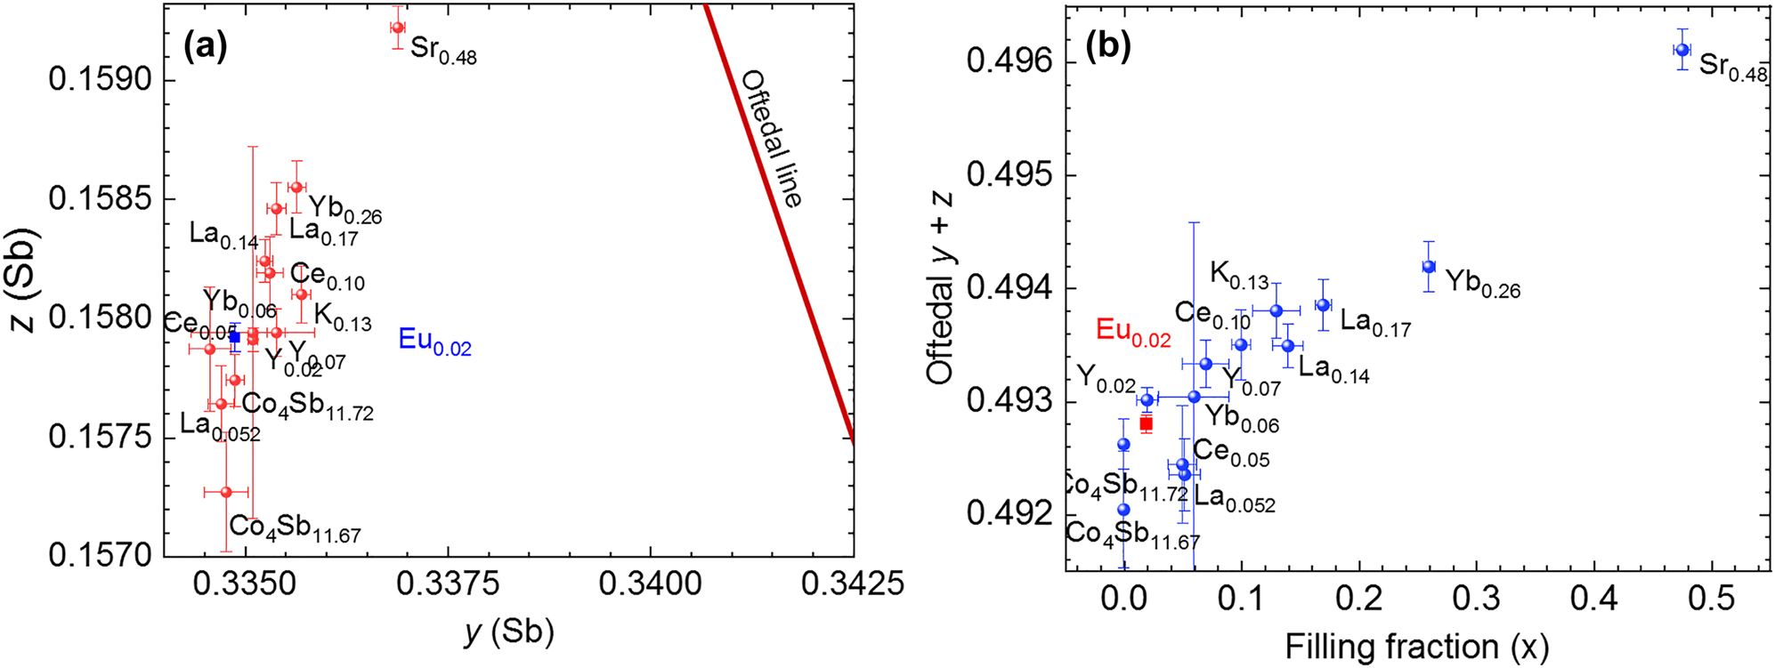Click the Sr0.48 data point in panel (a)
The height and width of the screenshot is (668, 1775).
tap(398, 28)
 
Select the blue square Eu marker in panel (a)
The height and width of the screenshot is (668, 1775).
tap(235, 337)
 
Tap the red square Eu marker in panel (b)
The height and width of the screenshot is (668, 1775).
tap(1147, 423)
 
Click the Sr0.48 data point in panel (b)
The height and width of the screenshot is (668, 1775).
tap(1682, 50)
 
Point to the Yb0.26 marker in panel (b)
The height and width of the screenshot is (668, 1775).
tap(1429, 267)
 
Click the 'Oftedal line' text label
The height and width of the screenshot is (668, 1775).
tap(772, 139)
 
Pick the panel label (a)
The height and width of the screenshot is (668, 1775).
tap(205, 45)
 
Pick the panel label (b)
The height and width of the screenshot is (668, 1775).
tap(1108, 45)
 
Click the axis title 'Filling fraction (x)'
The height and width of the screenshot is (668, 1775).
tap(1416, 647)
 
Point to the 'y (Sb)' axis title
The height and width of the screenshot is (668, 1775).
tap(509, 632)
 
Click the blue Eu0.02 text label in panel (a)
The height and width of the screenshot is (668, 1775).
tap(434, 342)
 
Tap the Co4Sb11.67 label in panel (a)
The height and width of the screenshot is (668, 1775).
tap(295, 528)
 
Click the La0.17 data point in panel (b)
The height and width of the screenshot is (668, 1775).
tap(1324, 305)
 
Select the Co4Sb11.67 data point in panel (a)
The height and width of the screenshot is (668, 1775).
tap(226, 492)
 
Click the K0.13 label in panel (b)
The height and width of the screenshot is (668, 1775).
tap(1238, 277)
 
